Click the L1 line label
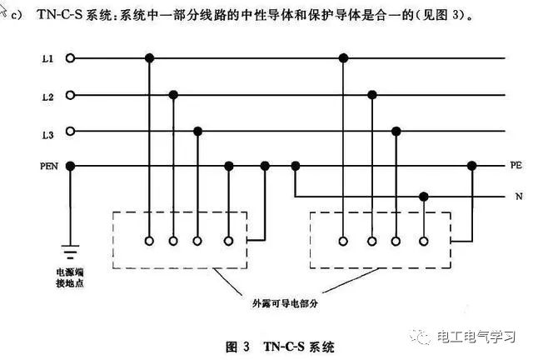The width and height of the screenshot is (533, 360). coord(48,59)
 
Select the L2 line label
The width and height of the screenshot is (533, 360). coord(48,97)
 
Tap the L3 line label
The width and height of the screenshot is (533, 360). coord(48,135)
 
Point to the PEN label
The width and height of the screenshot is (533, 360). coord(49,167)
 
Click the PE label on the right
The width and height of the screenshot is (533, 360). coord(516,165)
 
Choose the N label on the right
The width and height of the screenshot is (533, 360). coord(519,197)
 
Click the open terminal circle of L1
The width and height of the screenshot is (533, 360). coord(70,58)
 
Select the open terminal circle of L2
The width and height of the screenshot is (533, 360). coord(70,95)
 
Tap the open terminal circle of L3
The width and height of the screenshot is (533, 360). coord(70,131)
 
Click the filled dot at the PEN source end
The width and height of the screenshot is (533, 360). coord(70,167)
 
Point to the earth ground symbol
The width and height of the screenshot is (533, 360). coord(70,252)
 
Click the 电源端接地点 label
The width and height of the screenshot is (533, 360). coord(70,277)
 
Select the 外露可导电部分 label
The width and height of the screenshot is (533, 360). coord(285,303)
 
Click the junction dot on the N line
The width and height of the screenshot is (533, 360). coord(424,197)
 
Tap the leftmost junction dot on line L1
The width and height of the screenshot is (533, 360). coord(149,58)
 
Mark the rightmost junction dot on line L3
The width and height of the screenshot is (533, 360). coord(396,131)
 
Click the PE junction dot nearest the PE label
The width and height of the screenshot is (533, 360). coord(471,166)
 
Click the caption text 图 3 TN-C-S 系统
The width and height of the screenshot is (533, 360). coord(280,347)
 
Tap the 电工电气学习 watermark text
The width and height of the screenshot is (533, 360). coord(476,337)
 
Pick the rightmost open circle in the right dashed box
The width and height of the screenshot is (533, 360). coord(424,241)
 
